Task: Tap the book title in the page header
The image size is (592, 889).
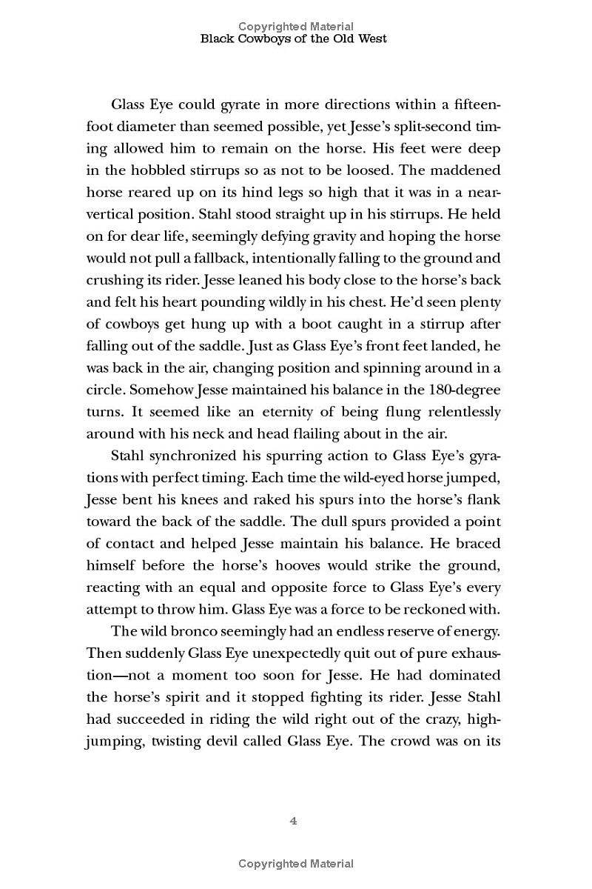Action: tap(295, 39)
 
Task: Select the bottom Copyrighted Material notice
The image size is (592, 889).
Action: tap(295, 863)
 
